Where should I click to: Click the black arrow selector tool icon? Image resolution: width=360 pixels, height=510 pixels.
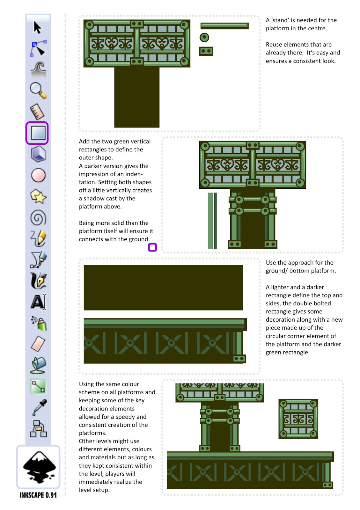point(38,28)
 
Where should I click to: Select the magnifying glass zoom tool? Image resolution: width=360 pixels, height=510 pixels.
point(38,91)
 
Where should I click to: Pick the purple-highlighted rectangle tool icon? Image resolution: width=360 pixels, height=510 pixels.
point(37,133)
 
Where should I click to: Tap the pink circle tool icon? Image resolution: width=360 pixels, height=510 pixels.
point(38,175)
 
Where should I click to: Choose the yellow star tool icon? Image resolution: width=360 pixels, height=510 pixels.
point(38,196)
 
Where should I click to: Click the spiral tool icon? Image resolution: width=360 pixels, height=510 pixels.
point(38,218)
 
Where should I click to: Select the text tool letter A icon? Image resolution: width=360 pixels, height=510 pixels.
point(38,302)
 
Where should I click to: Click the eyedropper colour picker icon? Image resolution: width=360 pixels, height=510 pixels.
point(39,407)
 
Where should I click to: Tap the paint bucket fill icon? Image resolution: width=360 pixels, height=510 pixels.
point(38,365)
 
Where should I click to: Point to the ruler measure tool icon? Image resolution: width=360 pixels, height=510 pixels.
point(37,112)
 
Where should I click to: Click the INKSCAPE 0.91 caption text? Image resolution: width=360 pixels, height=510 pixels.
point(38,495)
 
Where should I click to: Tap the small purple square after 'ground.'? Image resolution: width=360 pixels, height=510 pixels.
point(152,247)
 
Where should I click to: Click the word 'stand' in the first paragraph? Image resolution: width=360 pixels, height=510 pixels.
point(280,20)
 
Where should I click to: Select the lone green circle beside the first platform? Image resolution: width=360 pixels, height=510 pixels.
point(204,38)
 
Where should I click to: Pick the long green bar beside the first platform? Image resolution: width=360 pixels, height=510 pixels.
point(224,25)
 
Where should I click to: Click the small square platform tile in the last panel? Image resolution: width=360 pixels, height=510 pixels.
point(298,419)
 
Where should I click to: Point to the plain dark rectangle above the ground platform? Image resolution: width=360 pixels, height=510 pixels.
point(163,288)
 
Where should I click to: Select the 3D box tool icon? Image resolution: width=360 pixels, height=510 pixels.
point(38,154)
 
